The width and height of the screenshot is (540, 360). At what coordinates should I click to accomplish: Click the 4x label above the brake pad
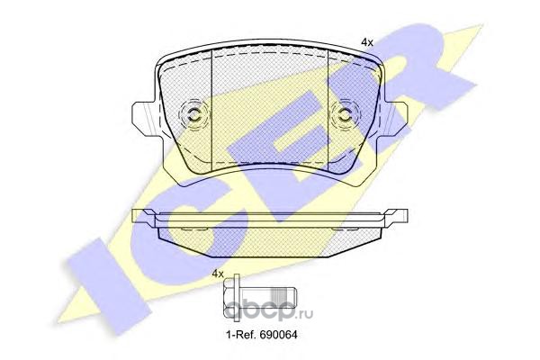click(367, 42)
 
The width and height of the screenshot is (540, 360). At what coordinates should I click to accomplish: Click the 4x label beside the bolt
click(218, 274)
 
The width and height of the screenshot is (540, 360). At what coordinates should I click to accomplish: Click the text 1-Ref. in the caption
click(240, 334)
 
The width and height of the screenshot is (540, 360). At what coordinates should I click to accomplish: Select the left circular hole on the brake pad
click(193, 114)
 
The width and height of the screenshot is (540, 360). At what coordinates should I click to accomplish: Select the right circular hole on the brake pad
click(345, 114)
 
